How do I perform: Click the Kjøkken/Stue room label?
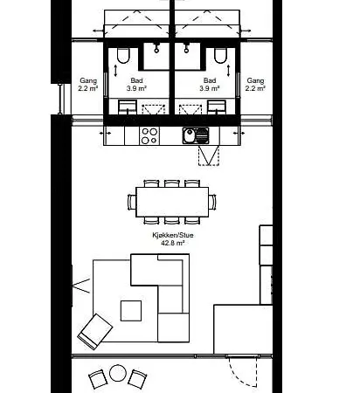pyautogui.click(x=173, y=235)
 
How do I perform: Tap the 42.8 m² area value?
pyautogui.click(x=173, y=243)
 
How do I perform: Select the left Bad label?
pyautogui.click(x=136, y=80)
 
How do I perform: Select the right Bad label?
pyautogui.click(x=210, y=80)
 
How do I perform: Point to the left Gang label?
pyautogui.click(x=88, y=80)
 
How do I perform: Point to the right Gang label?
pyautogui.click(x=255, y=80)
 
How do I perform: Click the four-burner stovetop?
pyautogui.click(x=149, y=135)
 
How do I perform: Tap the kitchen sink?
pyautogui.click(x=196, y=135)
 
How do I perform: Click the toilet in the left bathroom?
pyautogui.click(x=123, y=56)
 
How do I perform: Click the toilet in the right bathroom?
pyautogui.click(x=220, y=56)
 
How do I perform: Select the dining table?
pyautogui.click(x=172, y=202)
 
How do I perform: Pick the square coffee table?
pyautogui.click(x=131, y=311)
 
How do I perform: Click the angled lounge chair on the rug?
pyautogui.click(x=95, y=331)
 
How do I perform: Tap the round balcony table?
pyautogui.click(x=118, y=373)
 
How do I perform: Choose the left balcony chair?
pyautogui.click(x=98, y=379)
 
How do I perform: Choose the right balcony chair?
pyautogui.click(x=137, y=379)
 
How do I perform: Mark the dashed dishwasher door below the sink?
pyautogui.click(x=209, y=156)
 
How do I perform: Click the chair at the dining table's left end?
pyautogui.click(x=132, y=202)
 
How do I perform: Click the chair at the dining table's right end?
pyautogui.click(x=212, y=202)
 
